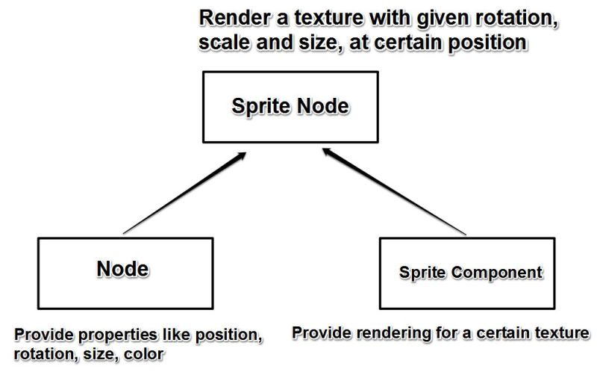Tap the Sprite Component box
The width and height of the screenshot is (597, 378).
468,273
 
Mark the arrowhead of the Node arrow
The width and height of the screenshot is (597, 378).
240,155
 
